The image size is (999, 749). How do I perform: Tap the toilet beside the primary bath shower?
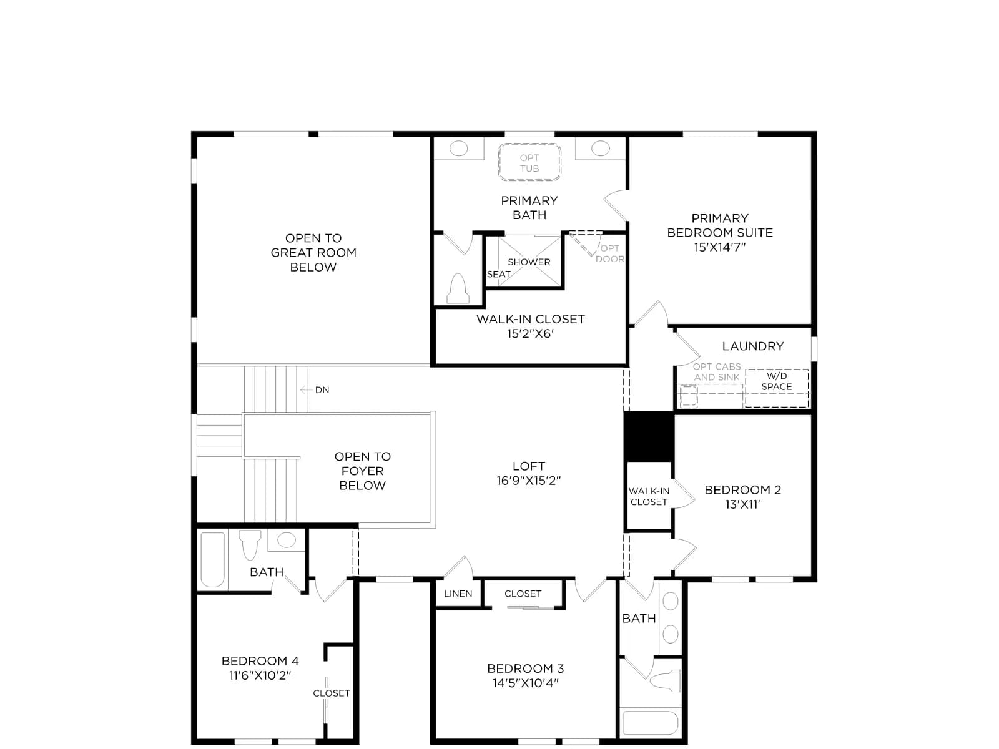pyautogui.click(x=458, y=288)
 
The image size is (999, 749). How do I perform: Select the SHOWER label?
pyautogui.click(x=529, y=262)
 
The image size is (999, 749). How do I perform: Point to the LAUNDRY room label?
pyautogui.click(x=753, y=346)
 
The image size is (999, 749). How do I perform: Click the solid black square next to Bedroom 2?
pyautogui.click(x=649, y=436)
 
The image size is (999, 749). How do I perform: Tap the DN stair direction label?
pyautogui.click(x=322, y=389)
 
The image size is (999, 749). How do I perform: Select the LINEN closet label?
pyautogui.click(x=458, y=594)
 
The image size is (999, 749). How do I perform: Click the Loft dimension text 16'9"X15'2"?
pyautogui.click(x=528, y=481)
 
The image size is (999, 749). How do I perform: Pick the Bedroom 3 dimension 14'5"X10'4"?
pyautogui.click(x=525, y=683)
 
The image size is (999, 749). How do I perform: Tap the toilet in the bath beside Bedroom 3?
pyautogui.click(x=665, y=681)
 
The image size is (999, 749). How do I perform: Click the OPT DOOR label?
pyautogui.click(x=610, y=253)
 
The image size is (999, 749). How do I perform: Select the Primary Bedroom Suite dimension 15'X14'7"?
pyautogui.click(x=719, y=247)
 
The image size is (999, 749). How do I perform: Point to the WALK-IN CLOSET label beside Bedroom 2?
pyautogui.click(x=649, y=497)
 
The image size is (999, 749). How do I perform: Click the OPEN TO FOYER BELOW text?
pyautogui.click(x=362, y=471)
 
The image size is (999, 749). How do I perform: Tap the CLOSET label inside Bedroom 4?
pyautogui.click(x=331, y=693)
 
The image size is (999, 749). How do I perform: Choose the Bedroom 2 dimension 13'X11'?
pyautogui.click(x=742, y=504)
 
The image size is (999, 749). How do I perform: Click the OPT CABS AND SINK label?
pyautogui.click(x=717, y=371)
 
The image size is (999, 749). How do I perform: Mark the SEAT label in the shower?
pyautogui.click(x=498, y=274)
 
